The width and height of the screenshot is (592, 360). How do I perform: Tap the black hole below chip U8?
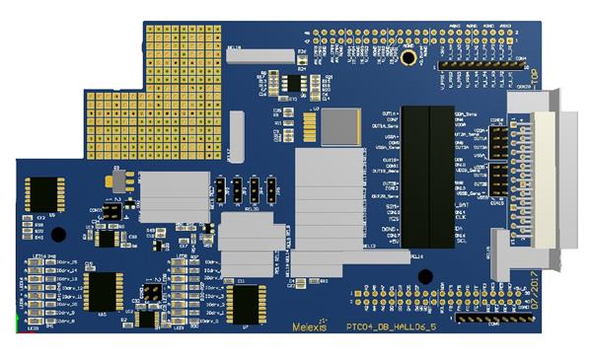point(58,234)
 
